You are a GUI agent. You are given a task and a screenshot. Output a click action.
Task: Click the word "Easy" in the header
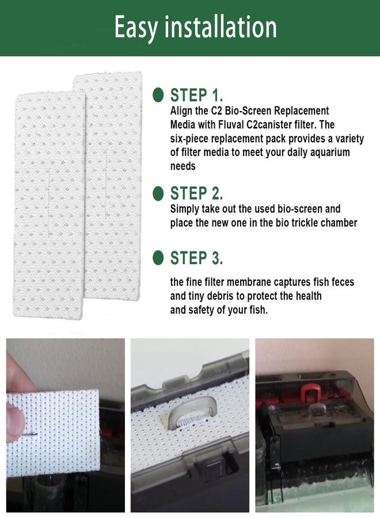point(135,28)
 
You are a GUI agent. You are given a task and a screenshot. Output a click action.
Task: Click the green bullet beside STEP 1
point(158,95)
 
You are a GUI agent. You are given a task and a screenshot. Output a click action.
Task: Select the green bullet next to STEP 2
point(158,193)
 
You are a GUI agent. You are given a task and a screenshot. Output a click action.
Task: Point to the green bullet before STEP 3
point(158,258)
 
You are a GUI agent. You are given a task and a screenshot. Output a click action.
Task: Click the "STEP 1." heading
point(196,95)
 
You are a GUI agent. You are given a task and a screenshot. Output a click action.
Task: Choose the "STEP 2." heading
point(196,193)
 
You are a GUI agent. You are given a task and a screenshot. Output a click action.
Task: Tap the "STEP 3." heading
point(196,258)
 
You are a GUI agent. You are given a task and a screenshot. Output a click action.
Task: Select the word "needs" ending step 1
point(183,166)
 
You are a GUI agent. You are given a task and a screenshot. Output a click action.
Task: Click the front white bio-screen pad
point(49,205)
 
